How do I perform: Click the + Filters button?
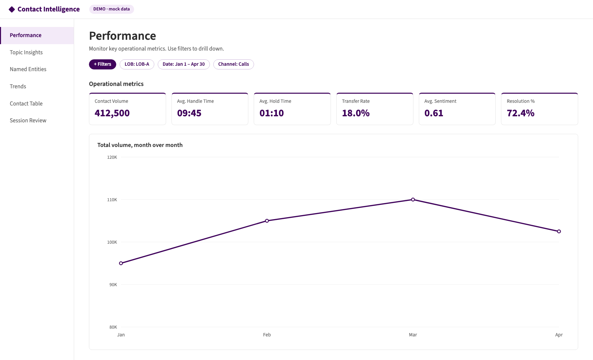pos(102,64)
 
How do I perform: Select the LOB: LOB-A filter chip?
pos(137,64)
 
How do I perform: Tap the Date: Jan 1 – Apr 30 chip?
pos(184,64)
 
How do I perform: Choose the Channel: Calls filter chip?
pos(233,64)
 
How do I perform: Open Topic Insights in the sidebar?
pos(26,52)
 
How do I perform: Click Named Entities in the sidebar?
pos(28,69)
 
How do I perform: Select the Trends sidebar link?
pos(18,86)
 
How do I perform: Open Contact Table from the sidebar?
pos(26,103)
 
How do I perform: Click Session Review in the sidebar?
pos(28,120)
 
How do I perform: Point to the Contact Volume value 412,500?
pos(112,113)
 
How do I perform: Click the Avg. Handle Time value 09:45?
pos(189,113)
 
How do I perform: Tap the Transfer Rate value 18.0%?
pos(356,113)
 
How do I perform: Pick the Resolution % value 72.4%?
pos(521,113)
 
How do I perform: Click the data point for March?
pos(413,200)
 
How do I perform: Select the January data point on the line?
pos(121,263)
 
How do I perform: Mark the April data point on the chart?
pos(559,232)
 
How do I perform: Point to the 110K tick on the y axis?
pos(112,200)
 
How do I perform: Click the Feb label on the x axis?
pos(267,335)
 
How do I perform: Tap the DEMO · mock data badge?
pos(112,9)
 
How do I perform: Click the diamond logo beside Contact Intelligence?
pos(12,9)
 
